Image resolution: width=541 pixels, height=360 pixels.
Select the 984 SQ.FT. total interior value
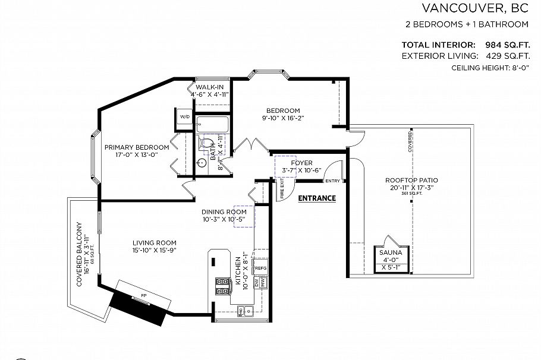click(x=502, y=45)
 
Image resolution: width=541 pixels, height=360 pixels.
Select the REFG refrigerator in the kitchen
click(x=260, y=269)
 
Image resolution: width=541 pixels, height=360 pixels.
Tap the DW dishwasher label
click(x=257, y=283)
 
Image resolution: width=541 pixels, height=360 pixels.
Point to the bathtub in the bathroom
click(x=212, y=125)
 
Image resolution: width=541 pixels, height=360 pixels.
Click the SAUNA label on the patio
click(x=391, y=252)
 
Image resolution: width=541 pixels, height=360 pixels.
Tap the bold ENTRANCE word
click(x=317, y=198)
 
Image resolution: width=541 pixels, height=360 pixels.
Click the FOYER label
click(x=301, y=162)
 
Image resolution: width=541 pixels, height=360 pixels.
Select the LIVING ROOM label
click(x=154, y=242)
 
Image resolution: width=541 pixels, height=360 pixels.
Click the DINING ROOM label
click(x=224, y=211)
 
